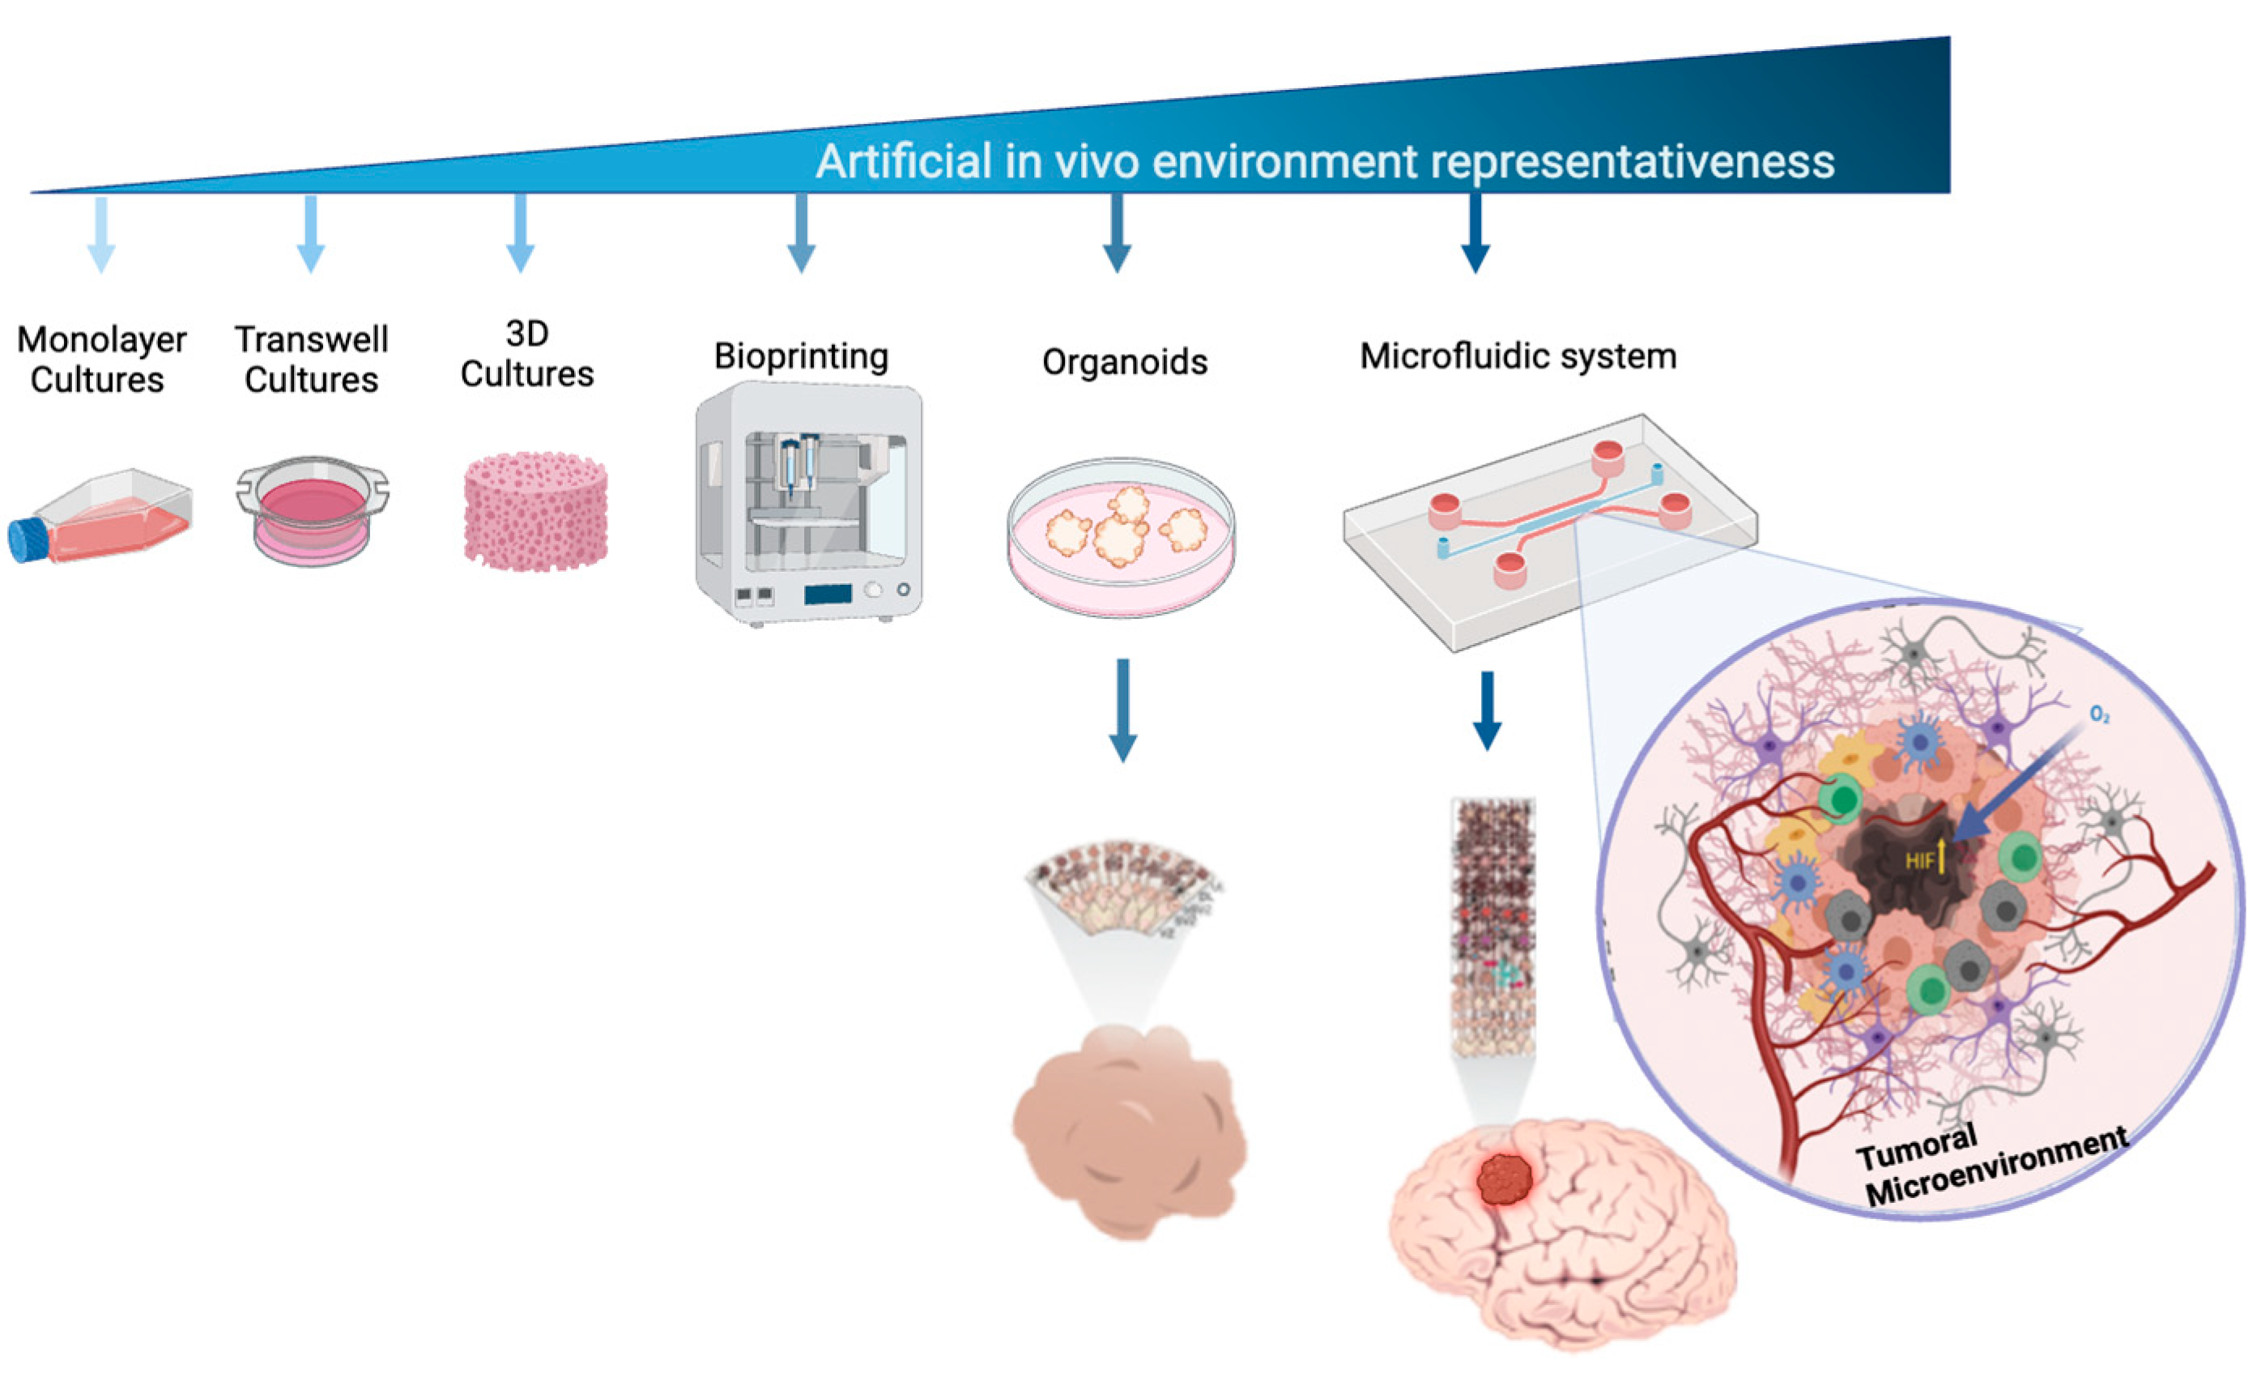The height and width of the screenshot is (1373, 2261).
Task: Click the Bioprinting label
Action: (801, 356)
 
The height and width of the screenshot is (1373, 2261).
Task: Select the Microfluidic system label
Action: (1518, 356)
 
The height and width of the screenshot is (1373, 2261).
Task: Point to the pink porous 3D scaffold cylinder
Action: (536, 510)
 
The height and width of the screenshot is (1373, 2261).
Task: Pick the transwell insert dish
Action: (312, 510)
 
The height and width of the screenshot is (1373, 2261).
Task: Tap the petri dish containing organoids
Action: (1121, 536)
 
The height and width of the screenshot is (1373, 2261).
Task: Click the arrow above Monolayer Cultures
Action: (101, 234)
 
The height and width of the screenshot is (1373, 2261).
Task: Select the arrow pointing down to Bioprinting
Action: (801, 234)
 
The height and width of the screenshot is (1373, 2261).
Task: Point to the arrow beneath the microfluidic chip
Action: (1487, 711)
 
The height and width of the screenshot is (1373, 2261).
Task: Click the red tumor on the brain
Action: (1505, 1179)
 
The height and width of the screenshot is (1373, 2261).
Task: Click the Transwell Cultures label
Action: (312, 359)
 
